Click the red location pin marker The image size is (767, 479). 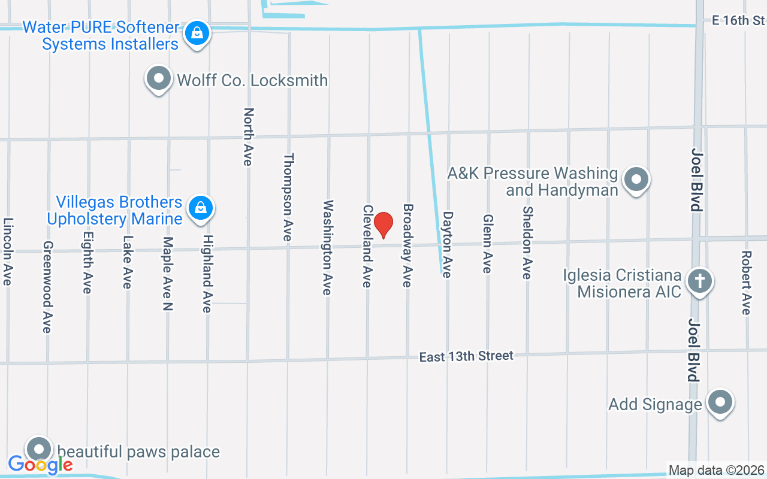point(383,225)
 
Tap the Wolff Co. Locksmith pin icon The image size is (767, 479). point(159,79)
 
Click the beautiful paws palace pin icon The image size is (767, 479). point(40,449)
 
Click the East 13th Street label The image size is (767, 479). point(466,356)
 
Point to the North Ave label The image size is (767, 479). point(249,137)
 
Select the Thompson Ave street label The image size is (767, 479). point(288,197)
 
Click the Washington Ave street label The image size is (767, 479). point(328,247)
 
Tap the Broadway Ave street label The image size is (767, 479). point(407,245)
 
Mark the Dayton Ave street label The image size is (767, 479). point(448,244)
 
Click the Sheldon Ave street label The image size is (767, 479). point(527,242)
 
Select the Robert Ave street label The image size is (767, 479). point(746,282)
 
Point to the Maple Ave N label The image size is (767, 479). point(168,274)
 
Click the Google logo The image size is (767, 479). point(40,464)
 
